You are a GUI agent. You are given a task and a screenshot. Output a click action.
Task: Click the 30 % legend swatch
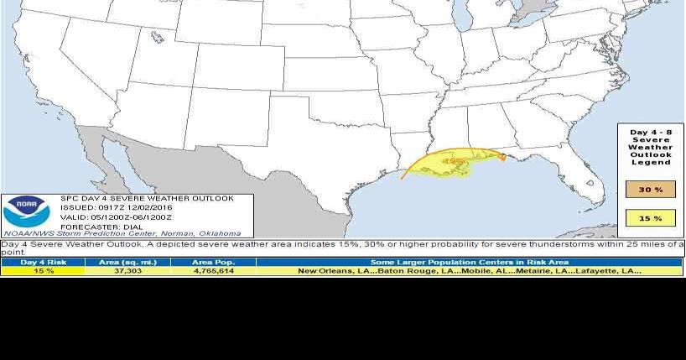click(x=651, y=190)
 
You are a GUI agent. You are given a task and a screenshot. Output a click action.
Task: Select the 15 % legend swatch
click(x=651, y=218)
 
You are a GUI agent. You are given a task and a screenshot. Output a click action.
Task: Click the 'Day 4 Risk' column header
click(x=43, y=262)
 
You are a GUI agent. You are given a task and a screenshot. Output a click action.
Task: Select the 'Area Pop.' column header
click(x=213, y=262)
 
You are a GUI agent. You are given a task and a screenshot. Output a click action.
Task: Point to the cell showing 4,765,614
click(x=213, y=271)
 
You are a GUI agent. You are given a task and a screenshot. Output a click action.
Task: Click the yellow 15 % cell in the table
click(x=43, y=271)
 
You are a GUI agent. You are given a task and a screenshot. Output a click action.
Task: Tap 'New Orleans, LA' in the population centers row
click(x=329, y=271)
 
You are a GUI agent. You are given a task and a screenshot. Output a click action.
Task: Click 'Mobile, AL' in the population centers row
click(x=461, y=271)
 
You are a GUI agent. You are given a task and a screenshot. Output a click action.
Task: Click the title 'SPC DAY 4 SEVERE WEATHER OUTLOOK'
click(x=147, y=199)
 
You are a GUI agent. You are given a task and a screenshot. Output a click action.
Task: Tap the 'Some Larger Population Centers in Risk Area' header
click(x=470, y=262)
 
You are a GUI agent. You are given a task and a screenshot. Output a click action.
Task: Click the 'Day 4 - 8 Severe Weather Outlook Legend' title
click(x=651, y=146)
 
